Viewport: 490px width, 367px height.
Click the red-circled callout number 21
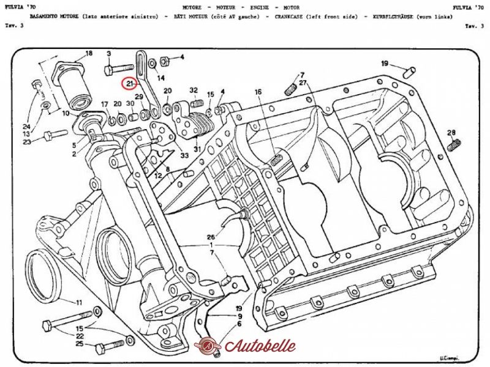129,83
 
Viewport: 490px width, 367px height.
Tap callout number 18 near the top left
89,54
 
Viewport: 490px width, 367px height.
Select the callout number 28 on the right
451,133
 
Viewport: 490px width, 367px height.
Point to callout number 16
258,92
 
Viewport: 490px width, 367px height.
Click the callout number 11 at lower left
78,302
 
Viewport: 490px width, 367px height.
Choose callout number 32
194,90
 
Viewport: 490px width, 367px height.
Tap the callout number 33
184,156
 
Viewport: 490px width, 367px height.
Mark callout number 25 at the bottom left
79,344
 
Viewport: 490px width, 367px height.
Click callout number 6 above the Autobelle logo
239,324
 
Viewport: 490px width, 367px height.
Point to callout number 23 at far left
27,142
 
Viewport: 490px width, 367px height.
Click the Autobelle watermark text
260,346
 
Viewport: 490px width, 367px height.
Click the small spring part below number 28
454,146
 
